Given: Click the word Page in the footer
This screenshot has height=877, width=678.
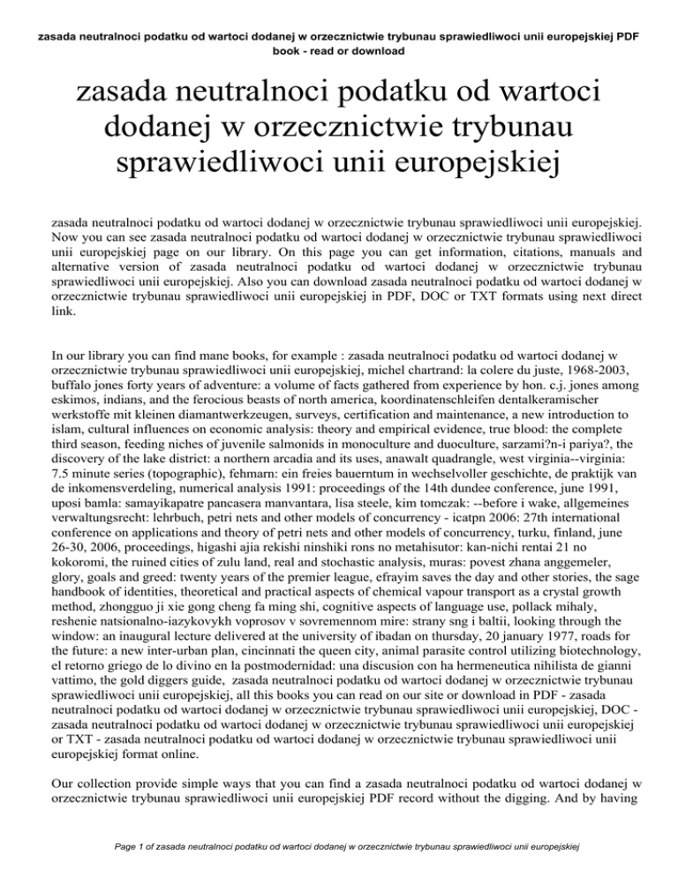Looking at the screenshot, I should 113,847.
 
